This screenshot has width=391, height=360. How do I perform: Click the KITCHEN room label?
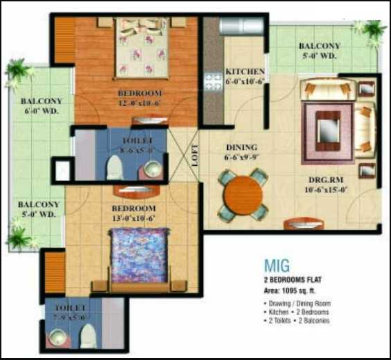[245, 72]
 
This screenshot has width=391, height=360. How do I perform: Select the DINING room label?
[242, 147]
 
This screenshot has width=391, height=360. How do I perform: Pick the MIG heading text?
[277, 265]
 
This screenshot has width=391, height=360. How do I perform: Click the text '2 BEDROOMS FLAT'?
[293, 281]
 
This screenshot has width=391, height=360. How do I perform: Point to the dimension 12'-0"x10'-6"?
[138, 103]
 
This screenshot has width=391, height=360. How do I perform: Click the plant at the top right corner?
[372, 30]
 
